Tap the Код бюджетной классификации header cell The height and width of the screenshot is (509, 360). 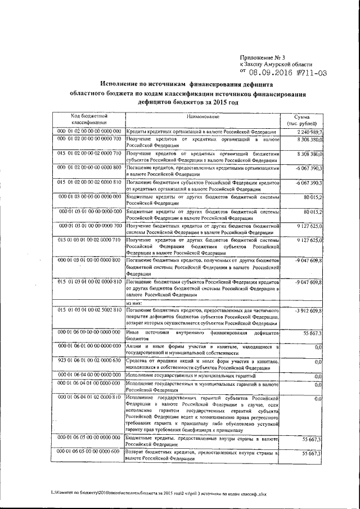[88, 119]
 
